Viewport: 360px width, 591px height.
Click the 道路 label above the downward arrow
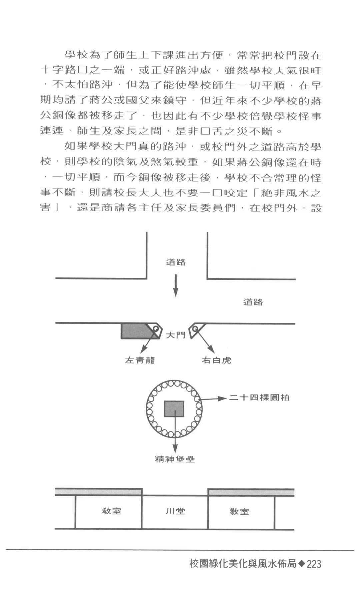176,262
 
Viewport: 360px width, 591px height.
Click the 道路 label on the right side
253,302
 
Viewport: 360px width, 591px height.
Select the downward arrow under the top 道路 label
176,286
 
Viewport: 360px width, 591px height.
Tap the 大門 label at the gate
176,335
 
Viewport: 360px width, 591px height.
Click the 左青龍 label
140,360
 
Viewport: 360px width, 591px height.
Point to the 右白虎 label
216,360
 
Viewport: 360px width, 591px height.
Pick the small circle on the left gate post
156,329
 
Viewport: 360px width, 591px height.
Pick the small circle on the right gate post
195,329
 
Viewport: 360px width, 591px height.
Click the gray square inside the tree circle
174,409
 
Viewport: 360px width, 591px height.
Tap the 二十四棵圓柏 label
259,397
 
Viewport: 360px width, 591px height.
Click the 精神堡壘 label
175,459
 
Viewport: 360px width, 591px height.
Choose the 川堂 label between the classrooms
175,511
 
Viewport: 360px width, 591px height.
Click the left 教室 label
112,511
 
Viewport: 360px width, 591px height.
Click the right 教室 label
239,511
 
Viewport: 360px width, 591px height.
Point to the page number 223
314,564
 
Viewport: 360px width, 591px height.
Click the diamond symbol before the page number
301,563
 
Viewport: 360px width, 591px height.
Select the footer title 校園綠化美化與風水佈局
243,563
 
